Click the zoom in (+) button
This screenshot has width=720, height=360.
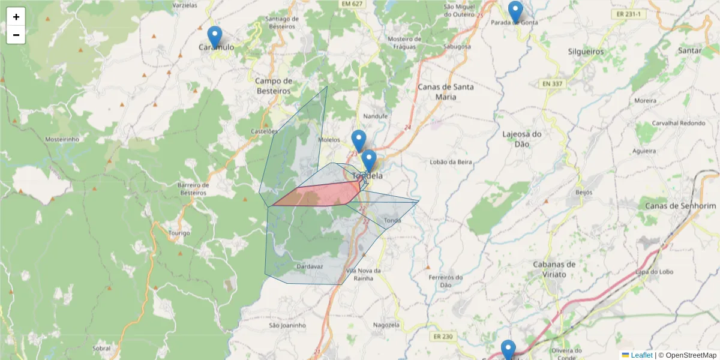click(x=16, y=17)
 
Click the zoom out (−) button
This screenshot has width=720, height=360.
click(x=16, y=35)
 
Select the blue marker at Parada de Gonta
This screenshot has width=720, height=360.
click(x=515, y=11)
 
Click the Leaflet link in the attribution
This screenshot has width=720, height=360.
click(x=641, y=355)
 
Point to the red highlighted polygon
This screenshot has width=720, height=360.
click(x=324, y=196)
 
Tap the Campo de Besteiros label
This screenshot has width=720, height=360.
click(x=273, y=86)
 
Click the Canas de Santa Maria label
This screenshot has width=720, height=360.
click(x=445, y=91)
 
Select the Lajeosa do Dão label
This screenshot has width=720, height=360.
click(x=522, y=139)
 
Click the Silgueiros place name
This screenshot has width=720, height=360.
click(x=586, y=52)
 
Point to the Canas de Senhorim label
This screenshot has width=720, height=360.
click(x=680, y=206)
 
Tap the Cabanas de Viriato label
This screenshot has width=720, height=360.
click(x=554, y=269)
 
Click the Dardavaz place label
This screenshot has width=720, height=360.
click(x=310, y=266)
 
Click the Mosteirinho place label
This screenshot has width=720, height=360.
click(x=62, y=139)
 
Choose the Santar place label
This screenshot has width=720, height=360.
click(x=689, y=51)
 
